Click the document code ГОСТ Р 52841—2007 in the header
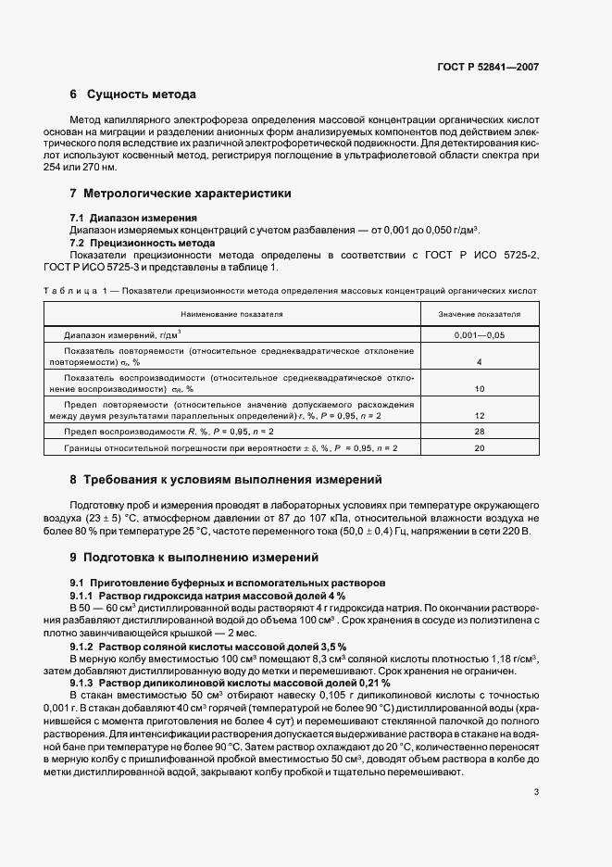488,68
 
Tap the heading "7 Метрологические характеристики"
180,194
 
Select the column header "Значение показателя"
480,314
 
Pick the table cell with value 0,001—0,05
480,335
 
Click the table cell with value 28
480,433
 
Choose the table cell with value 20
480,448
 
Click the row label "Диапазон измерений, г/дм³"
122,335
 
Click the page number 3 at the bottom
536,765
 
